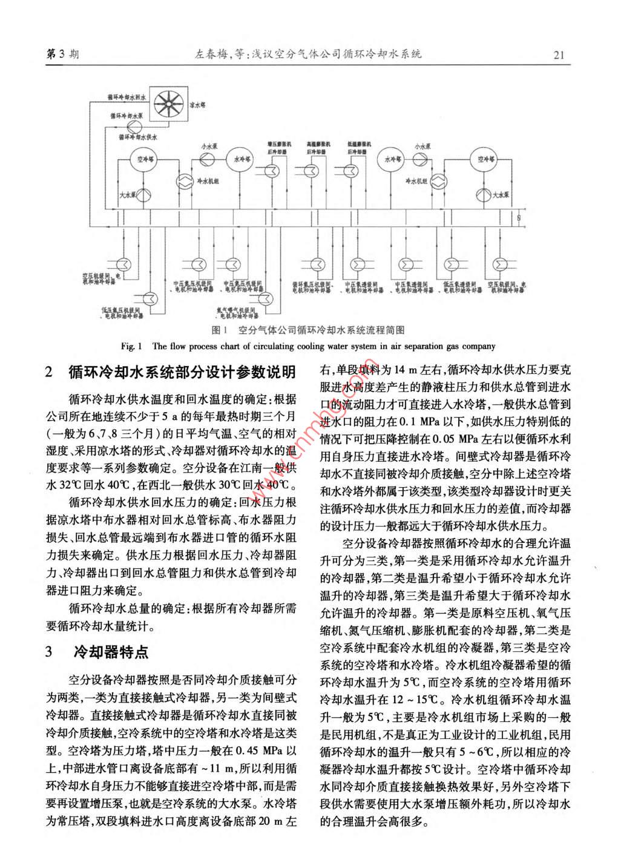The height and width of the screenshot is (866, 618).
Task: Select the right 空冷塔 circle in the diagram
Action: pyautogui.click(x=484, y=160)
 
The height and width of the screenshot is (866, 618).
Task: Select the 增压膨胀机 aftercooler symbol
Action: pyautogui.click(x=274, y=171)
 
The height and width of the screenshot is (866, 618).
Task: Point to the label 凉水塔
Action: pyautogui.click(x=198, y=105)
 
